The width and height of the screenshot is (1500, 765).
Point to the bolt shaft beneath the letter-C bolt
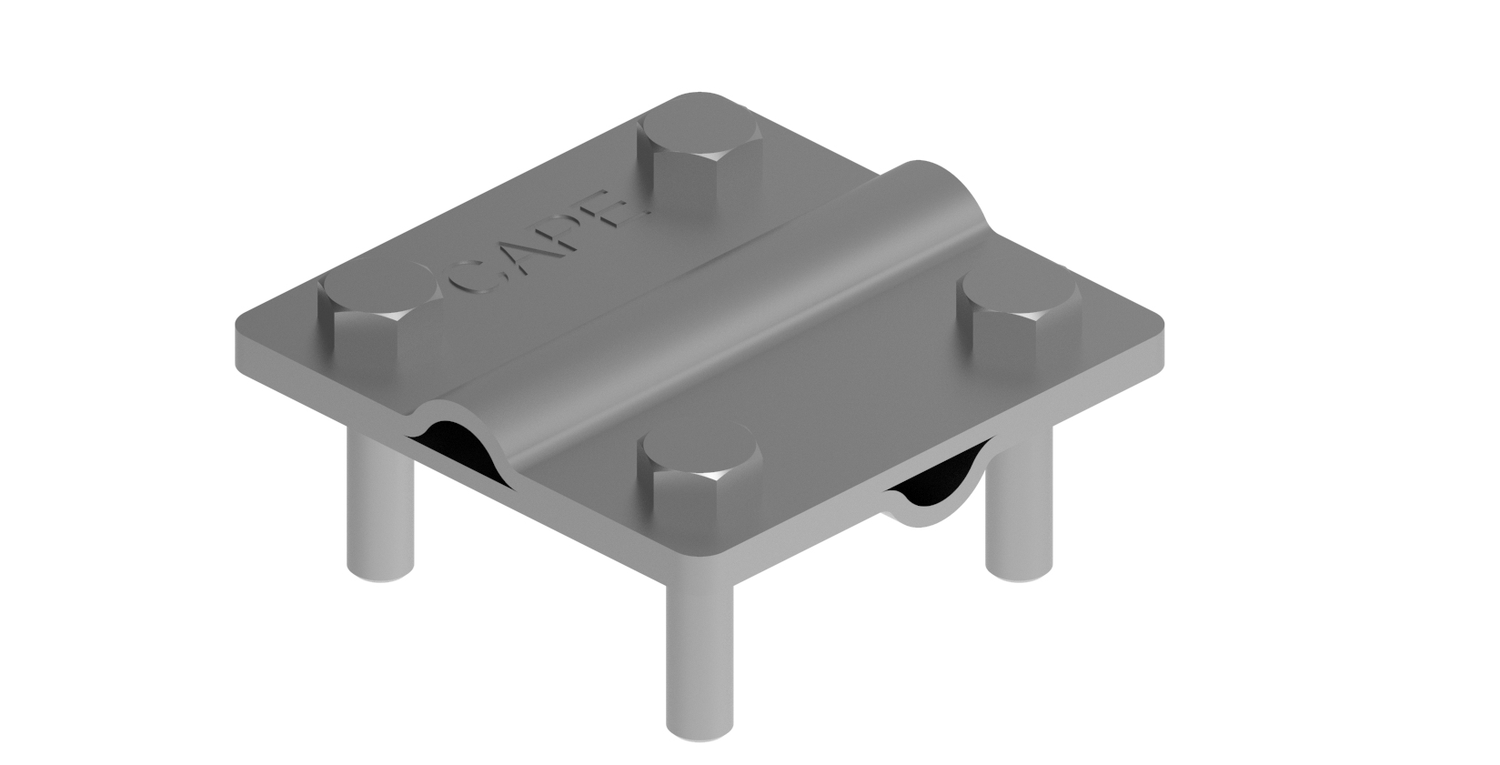[x=380, y=509]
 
